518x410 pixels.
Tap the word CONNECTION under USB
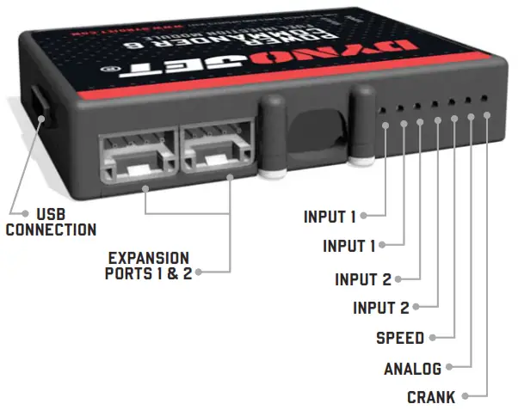pyautogui.click(x=51, y=230)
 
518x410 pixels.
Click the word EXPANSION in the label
pyautogui.click(x=149, y=258)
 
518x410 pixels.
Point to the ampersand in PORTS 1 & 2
pyautogui.click(x=170, y=274)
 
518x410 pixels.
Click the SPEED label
pyautogui.click(x=399, y=338)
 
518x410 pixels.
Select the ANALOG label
pyautogui.click(x=412, y=370)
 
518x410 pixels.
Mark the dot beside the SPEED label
pyautogui.click(x=433, y=338)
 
